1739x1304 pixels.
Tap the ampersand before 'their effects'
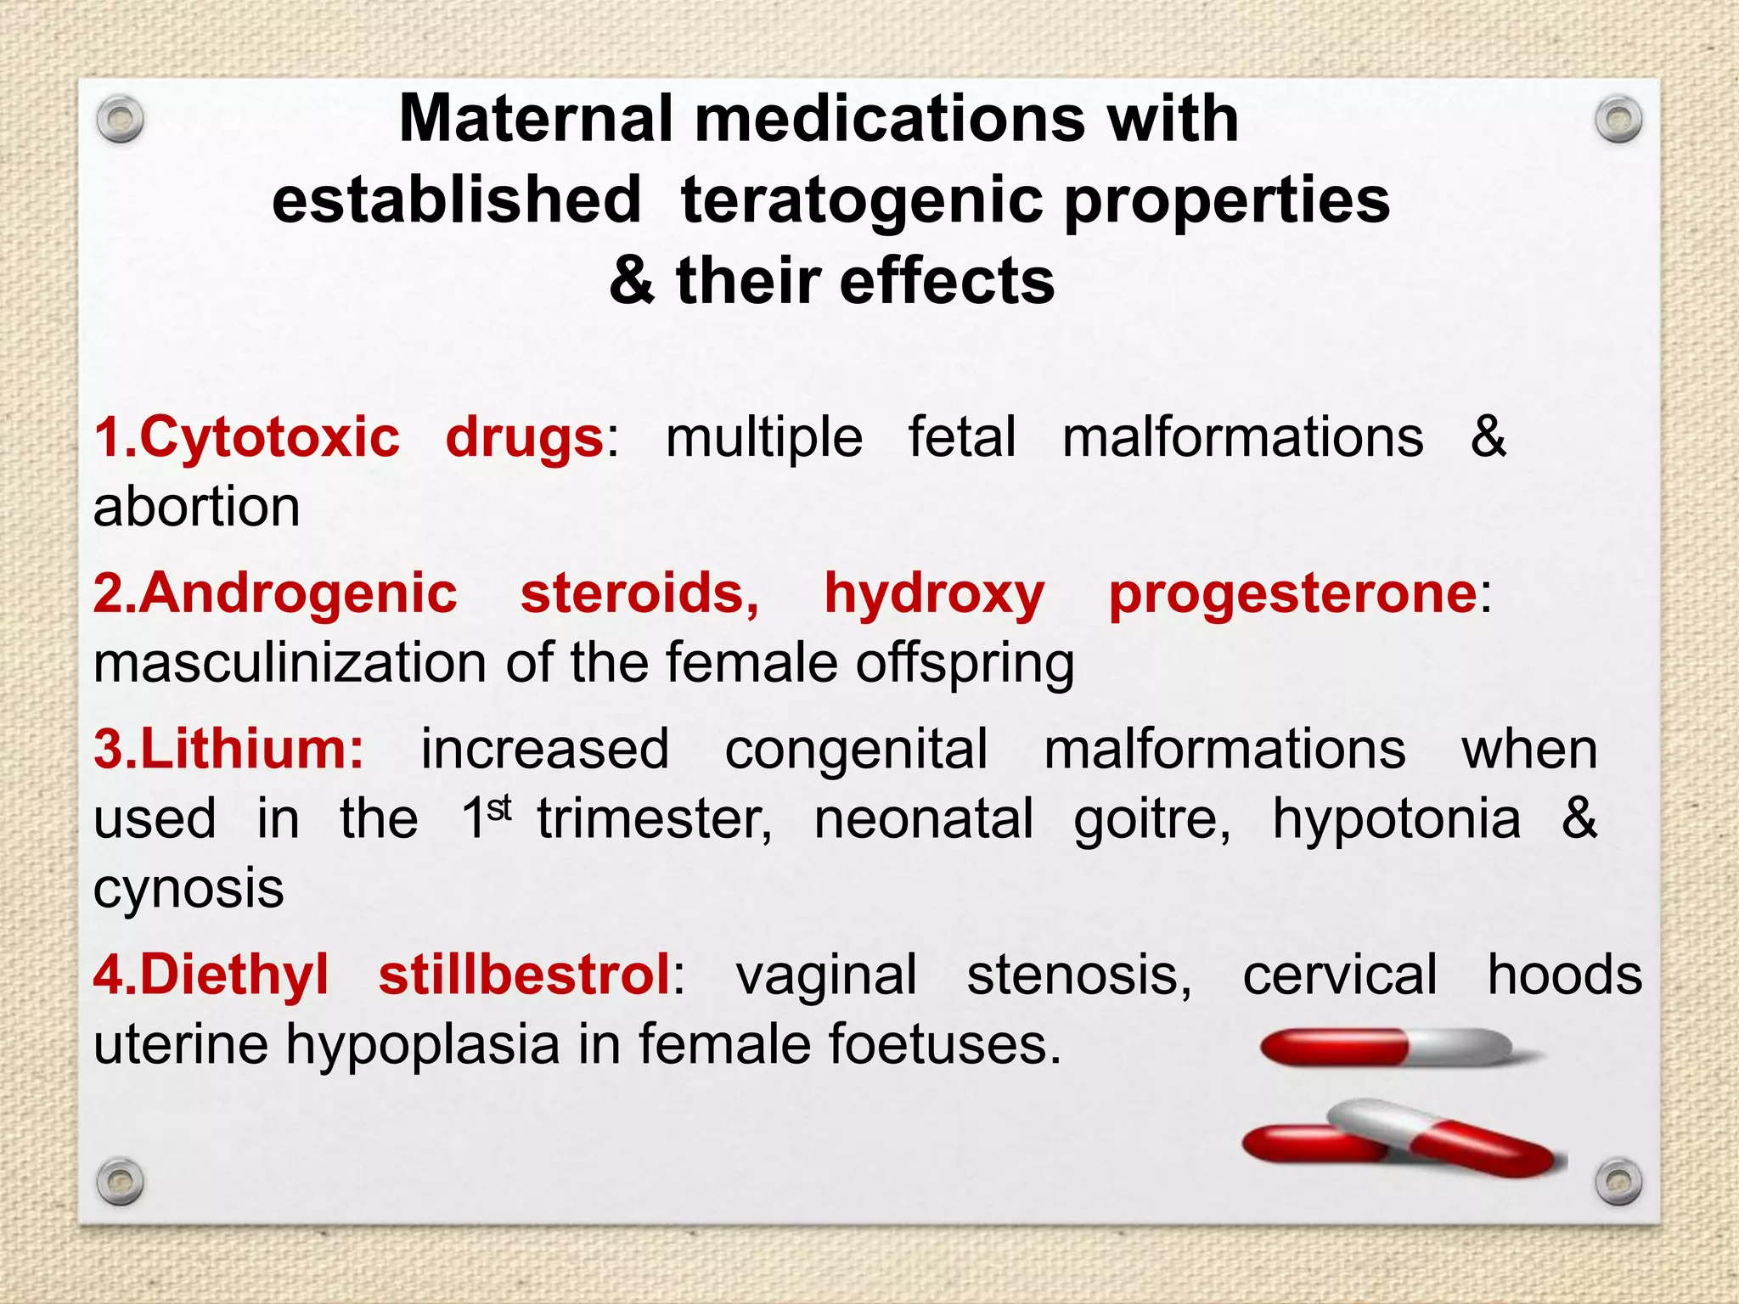632,281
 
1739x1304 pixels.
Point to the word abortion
197,508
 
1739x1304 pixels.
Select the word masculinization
290,663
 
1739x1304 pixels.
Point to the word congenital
856,750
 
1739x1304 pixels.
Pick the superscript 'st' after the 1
500,808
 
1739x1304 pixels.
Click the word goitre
1151,820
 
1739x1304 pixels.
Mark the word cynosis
189,890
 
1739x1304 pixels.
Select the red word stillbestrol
525,975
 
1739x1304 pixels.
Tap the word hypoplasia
422,1045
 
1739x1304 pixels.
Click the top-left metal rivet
120,121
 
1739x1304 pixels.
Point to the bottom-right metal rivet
1618,1181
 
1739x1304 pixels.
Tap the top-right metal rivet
1618,121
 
